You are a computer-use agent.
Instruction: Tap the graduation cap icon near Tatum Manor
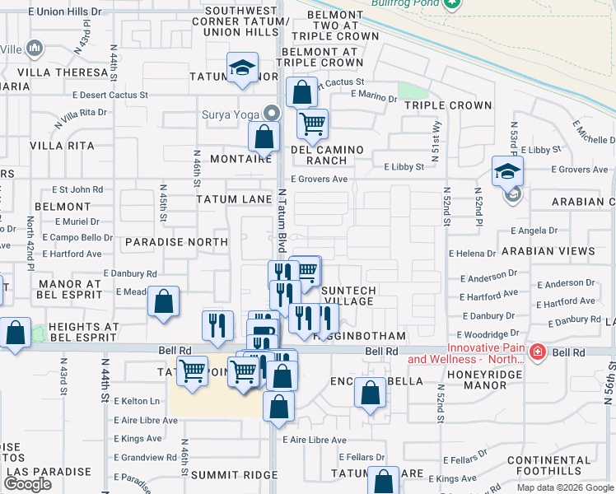tap(243, 68)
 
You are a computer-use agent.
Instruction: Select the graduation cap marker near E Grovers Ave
tap(507, 171)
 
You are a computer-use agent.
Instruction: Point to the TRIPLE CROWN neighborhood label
tap(448, 105)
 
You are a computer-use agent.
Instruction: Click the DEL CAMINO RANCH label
tap(327, 155)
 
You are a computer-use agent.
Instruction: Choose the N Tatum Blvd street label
tap(282, 218)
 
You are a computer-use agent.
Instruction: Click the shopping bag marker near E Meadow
tap(164, 302)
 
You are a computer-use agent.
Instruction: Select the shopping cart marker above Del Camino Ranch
tap(311, 124)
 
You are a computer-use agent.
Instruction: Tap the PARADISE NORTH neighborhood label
tap(176, 242)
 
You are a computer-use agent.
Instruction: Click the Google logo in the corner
tap(27, 484)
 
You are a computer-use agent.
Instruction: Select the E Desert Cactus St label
tap(110, 95)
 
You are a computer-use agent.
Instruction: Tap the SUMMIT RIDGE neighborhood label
tap(223, 475)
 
